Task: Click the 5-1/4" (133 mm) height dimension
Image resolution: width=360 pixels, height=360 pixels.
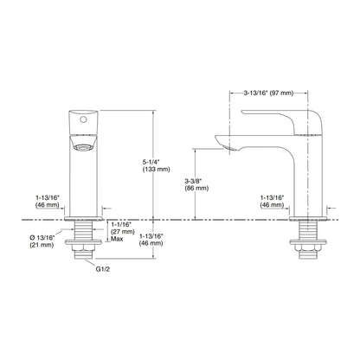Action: (x=156, y=165)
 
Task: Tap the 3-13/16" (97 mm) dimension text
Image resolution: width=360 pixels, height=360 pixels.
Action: (x=268, y=93)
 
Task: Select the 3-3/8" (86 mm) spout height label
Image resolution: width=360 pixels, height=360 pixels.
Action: (x=196, y=184)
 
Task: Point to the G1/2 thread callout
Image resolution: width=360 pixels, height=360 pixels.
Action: (x=103, y=269)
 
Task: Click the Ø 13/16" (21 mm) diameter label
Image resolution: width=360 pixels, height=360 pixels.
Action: (x=42, y=241)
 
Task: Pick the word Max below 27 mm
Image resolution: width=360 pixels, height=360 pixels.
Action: (x=117, y=239)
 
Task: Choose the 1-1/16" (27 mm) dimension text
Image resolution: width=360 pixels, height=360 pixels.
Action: (x=123, y=228)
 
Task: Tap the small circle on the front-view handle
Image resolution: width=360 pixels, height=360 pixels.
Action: (x=83, y=119)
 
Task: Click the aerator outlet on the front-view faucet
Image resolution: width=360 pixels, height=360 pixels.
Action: (x=83, y=148)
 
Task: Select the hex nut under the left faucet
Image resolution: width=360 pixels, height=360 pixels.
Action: (x=83, y=247)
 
